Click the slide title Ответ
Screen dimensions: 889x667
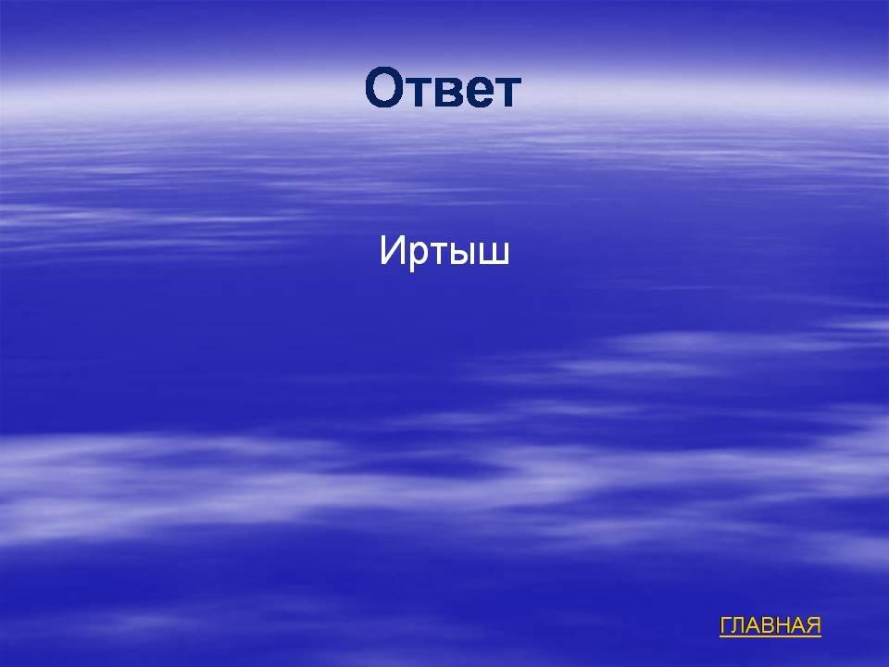click(x=443, y=88)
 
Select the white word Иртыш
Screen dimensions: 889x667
click(x=444, y=250)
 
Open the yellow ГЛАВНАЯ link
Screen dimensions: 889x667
click(x=770, y=625)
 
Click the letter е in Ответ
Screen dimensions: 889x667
click(x=483, y=92)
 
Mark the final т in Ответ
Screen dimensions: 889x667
click(x=508, y=92)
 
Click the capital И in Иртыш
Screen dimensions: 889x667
click(x=391, y=250)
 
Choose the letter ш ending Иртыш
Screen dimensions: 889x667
click(x=496, y=254)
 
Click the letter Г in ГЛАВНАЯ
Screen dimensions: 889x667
click(x=726, y=625)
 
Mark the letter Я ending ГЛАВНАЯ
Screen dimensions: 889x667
click(x=814, y=625)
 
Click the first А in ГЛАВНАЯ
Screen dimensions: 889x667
click(x=754, y=625)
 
